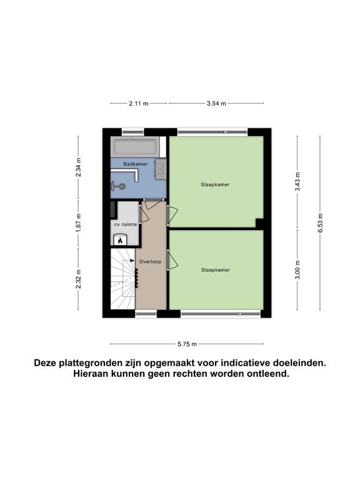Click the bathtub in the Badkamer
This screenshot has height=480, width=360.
pos(136,146)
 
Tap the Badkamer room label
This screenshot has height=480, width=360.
pos(136,164)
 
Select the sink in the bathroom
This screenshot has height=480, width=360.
pos(161,169)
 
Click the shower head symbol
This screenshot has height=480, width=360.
pos(118,186)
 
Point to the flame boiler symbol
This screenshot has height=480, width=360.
pos(120,239)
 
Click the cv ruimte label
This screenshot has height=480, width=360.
pos(126,224)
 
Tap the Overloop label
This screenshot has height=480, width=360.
pos(150,262)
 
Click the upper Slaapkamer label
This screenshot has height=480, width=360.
pos(215,184)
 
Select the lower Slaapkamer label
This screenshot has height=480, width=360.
pos(216,270)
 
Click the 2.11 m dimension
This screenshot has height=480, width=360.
pos(139,104)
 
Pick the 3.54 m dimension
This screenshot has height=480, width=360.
pos(216,104)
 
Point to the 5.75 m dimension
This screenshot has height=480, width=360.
pos(187,344)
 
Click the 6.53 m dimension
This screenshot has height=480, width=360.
pos(320,223)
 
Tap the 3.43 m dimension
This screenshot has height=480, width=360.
pos(297,181)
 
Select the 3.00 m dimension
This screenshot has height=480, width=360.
pos(297,270)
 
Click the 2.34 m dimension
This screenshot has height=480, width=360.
pos(78,167)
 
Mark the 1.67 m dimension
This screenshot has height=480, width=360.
pos(78,222)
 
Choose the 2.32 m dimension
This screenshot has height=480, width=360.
pos(78,279)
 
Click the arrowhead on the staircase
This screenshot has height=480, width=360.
pos(132,261)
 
